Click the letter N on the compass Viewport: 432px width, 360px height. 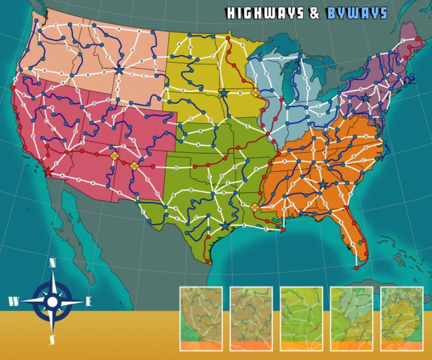pyautogui.click(x=53, y=263)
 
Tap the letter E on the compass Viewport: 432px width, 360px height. pyautogui.click(x=88, y=302)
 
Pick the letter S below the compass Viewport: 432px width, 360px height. pyautogui.click(x=52, y=340)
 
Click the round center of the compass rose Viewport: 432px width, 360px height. pyautogui.click(x=52, y=302)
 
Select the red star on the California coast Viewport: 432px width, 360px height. pyautogui.click(x=48, y=171)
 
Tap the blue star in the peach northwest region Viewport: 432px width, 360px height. pyautogui.click(x=119, y=70)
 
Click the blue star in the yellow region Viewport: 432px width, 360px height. pyautogui.click(x=224, y=93)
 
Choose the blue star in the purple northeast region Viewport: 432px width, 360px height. pyautogui.click(x=364, y=97)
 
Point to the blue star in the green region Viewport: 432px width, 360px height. pyautogui.click(x=224, y=226)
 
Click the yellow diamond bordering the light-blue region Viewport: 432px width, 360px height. pyautogui.click(x=255, y=93)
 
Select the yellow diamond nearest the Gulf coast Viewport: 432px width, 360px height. pyautogui.click(x=255, y=207)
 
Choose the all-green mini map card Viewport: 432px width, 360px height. pyautogui.click(x=302, y=318)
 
